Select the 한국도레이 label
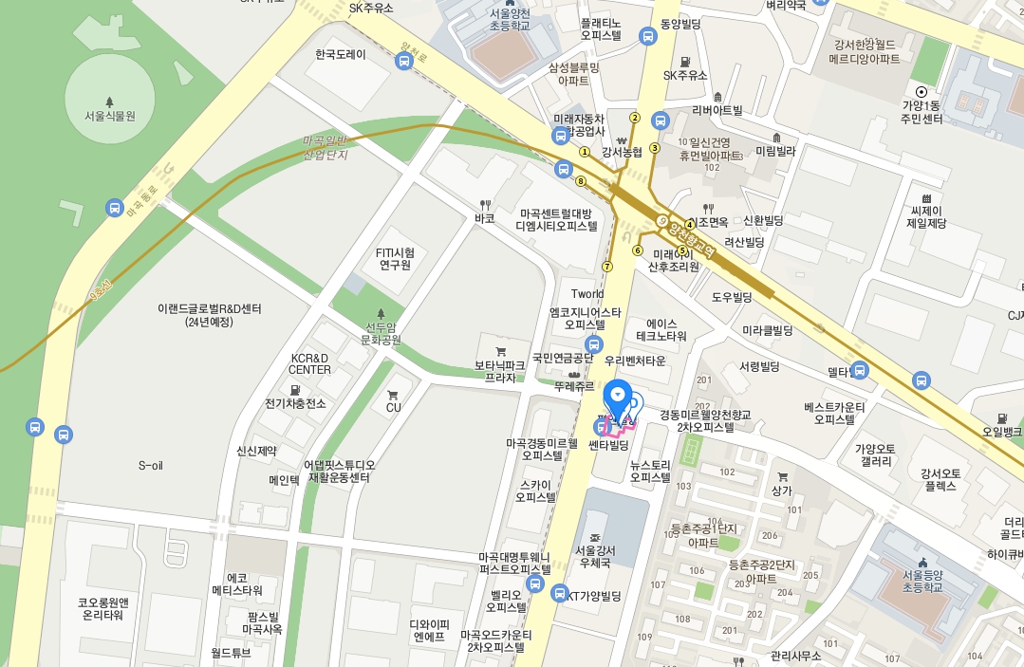[x=341, y=55]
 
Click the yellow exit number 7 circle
[x=607, y=266]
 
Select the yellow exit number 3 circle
[x=655, y=148]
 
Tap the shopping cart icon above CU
[x=393, y=394]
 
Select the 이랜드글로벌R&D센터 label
[x=210, y=315]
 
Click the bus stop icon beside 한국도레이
[x=403, y=62]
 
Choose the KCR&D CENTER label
[x=310, y=363]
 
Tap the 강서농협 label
[x=622, y=151]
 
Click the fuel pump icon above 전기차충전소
[x=295, y=390]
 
